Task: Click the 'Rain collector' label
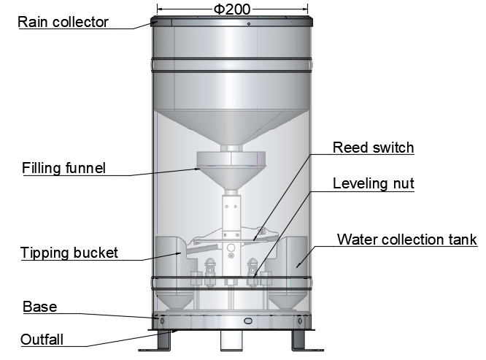point(63,21)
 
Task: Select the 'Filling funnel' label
point(63,169)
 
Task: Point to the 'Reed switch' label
point(373,148)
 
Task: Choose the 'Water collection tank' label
point(406,240)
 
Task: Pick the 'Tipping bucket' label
point(69,253)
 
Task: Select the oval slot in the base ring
point(247,321)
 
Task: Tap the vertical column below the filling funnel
point(232,215)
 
